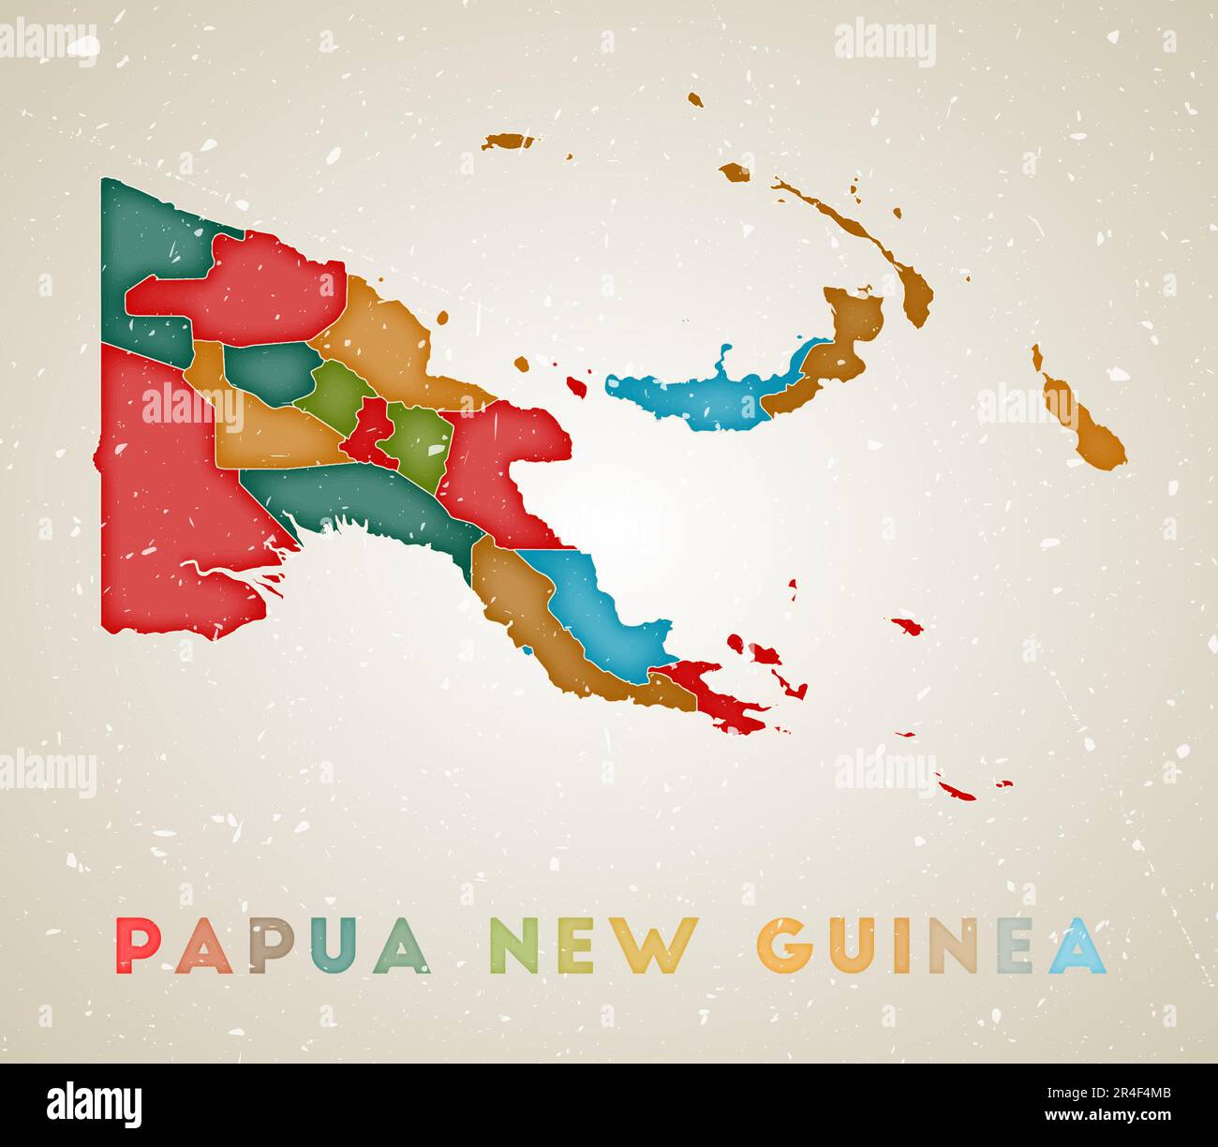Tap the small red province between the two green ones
pos(369,431)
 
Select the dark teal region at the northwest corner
pos(141,225)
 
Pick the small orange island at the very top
pos(694,98)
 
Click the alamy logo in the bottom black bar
pos(94,1105)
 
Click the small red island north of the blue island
pos(578,385)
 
